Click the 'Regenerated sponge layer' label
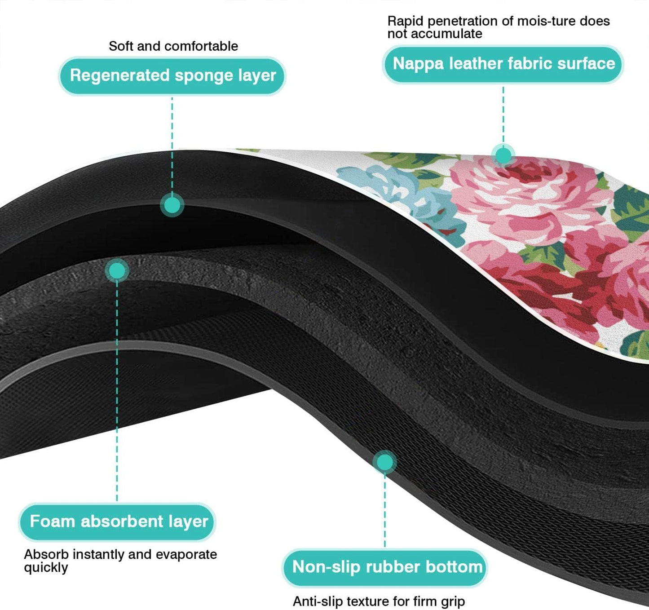pyautogui.click(x=172, y=75)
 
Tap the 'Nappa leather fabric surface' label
pyautogui.click(x=503, y=64)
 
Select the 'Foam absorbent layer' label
pyautogui.click(x=118, y=522)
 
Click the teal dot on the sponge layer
pyautogui.click(x=172, y=205)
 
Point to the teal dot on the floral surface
pyautogui.click(x=503, y=155)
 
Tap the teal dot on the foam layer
pyautogui.click(x=117, y=271)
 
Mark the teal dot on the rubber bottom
pyautogui.click(x=384, y=462)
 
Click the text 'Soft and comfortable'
pyautogui.click(x=173, y=46)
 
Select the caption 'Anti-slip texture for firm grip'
pyautogui.click(x=379, y=601)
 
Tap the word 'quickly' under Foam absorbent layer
pyautogui.click(x=46, y=568)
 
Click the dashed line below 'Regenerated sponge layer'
pyautogui.click(x=172, y=144)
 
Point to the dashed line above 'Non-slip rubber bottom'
pyautogui.click(x=385, y=508)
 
